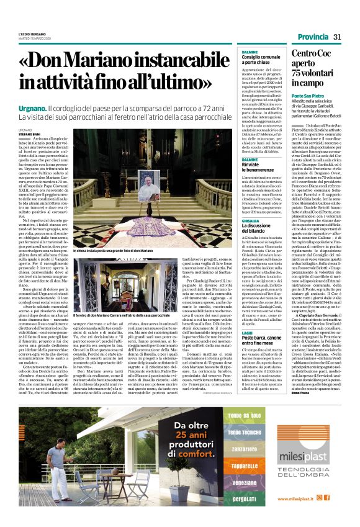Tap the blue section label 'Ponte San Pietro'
pos(308,96)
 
